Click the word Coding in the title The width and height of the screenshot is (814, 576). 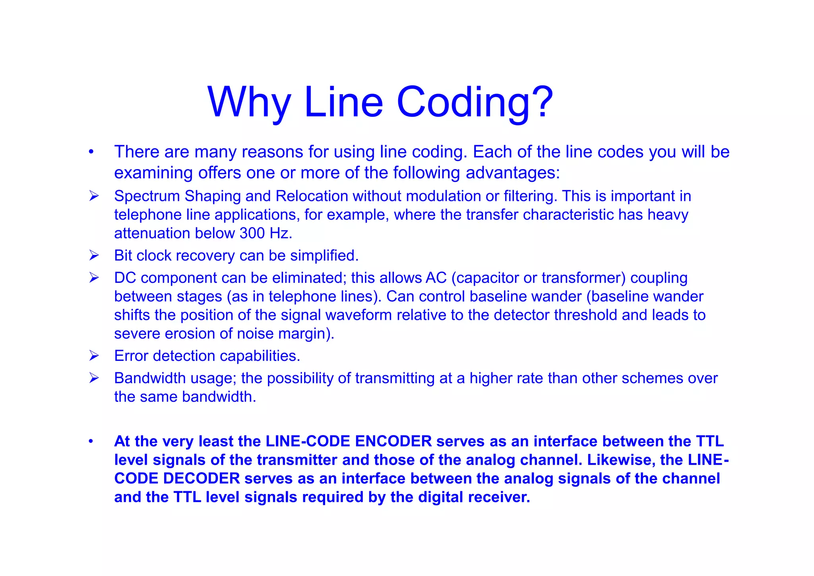pos(463,102)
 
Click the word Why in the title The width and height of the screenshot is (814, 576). pos(249,102)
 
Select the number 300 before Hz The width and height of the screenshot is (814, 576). pos(252,233)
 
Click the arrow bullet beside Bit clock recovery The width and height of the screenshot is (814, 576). pos(94,255)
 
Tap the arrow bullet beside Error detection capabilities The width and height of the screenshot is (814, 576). pos(94,355)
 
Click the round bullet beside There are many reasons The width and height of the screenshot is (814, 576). pos(91,152)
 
